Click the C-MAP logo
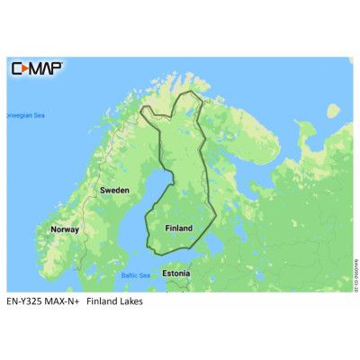click(36, 68)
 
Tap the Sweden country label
click(114, 191)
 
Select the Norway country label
click(65, 229)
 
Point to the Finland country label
click(178, 229)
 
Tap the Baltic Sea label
click(135, 274)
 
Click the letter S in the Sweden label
click(103, 191)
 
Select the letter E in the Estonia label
click(164, 272)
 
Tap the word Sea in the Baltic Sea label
click(144, 274)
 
